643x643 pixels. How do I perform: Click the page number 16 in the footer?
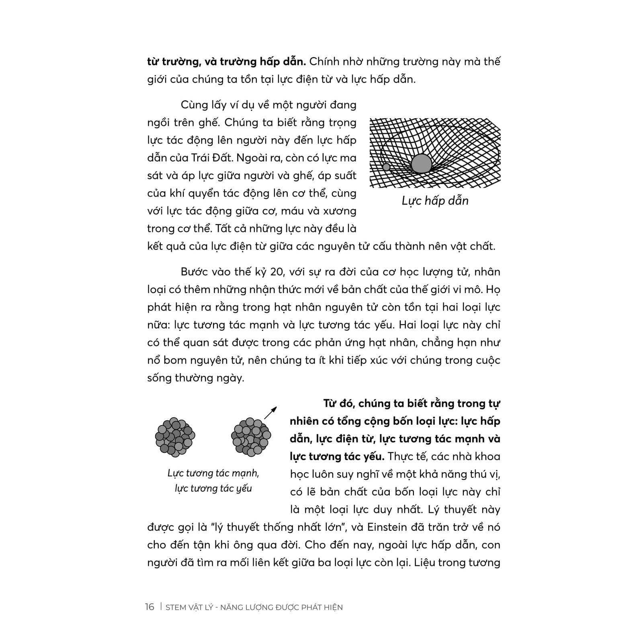coord(149,607)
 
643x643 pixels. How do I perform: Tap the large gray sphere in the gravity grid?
coord(421,164)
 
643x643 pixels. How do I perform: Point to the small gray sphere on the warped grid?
coord(386,167)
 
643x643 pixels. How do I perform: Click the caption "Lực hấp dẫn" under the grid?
coord(435,201)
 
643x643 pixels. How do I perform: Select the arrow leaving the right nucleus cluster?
coord(270,412)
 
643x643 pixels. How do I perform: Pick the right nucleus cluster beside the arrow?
coord(251,437)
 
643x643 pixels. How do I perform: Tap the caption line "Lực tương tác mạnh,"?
coord(213,473)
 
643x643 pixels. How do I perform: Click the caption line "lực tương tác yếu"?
coord(213,488)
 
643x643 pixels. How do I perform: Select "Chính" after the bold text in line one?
coord(326,62)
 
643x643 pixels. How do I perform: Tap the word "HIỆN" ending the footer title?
coord(332,607)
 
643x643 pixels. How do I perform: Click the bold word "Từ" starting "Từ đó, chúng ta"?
coord(331,403)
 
